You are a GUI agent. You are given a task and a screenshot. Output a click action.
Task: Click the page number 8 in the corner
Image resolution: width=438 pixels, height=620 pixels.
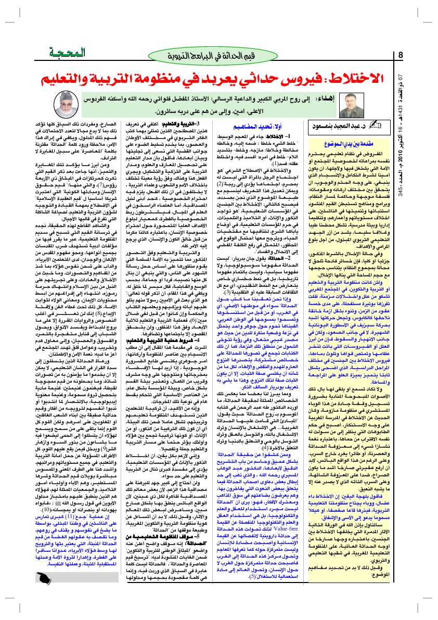coord(401,55)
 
